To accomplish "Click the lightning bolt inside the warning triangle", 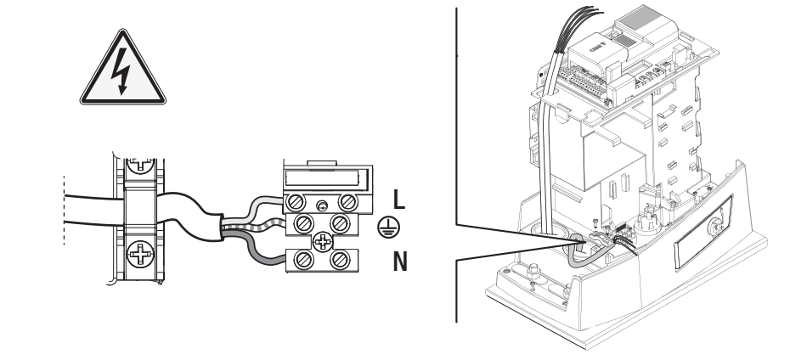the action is tap(121, 70).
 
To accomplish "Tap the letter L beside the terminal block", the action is tap(399, 200).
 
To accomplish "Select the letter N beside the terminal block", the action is tap(400, 262).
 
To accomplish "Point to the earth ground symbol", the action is tap(386, 228).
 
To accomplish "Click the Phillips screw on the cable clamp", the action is tap(140, 253).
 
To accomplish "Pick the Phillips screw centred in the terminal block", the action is tap(322, 242).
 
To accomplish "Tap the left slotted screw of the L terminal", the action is tap(296, 203).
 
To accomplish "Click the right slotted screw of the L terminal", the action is tap(347, 203).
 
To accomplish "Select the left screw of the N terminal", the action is tap(303, 261).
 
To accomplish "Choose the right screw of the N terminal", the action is tap(340, 261).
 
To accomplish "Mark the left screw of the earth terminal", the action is tap(303, 223).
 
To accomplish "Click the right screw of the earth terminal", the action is tap(340, 223).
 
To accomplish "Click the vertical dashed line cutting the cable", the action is tap(64, 211).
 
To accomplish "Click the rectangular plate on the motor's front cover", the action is tap(703, 232).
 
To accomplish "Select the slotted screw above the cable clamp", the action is tap(139, 166).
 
